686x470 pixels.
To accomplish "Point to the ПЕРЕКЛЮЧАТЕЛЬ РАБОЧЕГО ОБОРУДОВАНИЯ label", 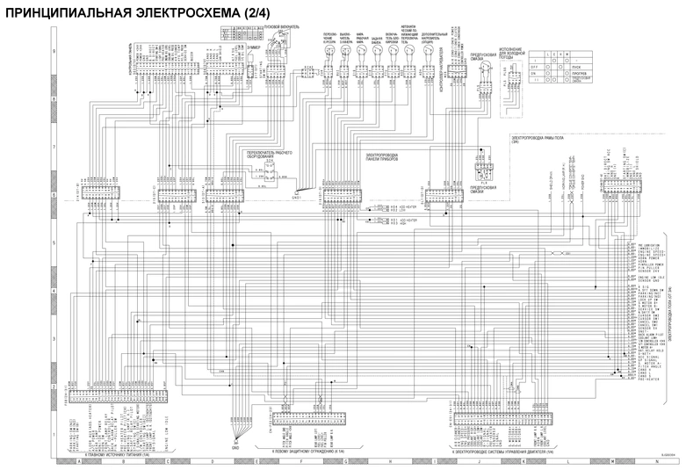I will click(269, 155).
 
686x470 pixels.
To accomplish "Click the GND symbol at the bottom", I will click(235, 446).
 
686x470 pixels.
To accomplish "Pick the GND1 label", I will click(296, 197).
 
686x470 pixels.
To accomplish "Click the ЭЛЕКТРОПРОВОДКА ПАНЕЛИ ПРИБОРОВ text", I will click(386, 156).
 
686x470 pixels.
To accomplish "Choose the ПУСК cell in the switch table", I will click(575, 66).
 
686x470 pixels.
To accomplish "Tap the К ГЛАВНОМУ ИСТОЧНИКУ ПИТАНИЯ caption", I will click(114, 454).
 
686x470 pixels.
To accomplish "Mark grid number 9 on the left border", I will click(54, 52).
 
